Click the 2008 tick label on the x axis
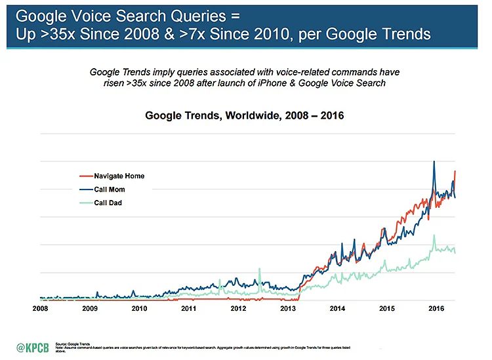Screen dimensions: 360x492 pyautogui.click(x=40, y=308)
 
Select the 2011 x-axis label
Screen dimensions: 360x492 pyautogui.click(x=188, y=308)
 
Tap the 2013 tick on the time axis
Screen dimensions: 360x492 pyautogui.click(x=287, y=308)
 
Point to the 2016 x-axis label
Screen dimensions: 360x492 pyautogui.click(x=436, y=308)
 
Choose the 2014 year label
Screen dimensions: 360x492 pyautogui.click(x=337, y=308)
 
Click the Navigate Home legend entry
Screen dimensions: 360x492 pyautogui.click(x=119, y=176)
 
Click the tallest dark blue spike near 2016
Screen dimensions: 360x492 pyautogui.click(x=434, y=162)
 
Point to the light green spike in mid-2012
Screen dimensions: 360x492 pyautogui.click(x=260, y=269)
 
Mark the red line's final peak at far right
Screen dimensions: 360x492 pyautogui.click(x=455, y=172)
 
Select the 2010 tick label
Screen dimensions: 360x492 pyautogui.click(x=139, y=308)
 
